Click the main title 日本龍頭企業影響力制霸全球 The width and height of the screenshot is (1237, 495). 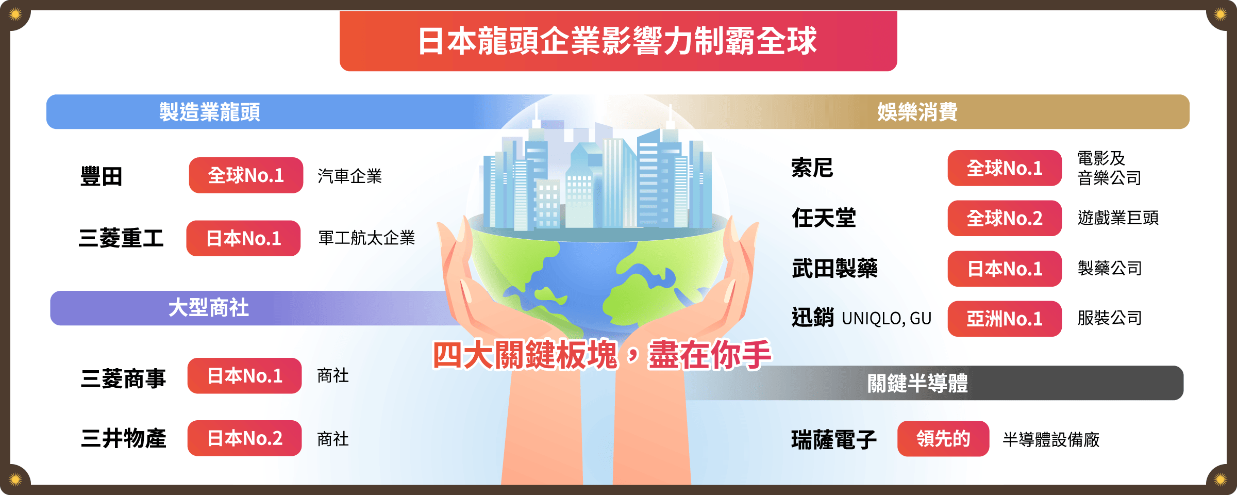[x=617, y=41]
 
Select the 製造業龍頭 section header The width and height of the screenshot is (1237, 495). [x=209, y=112]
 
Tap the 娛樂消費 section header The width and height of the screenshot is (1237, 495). [x=917, y=112]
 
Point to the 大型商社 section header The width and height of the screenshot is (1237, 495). [x=209, y=308]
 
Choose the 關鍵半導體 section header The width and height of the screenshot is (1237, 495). [x=917, y=383]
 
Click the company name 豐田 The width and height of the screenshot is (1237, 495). [x=102, y=176]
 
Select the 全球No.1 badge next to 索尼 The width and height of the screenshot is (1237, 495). [x=1005, y=168]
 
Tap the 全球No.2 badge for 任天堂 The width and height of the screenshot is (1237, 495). [x=1005, y=218]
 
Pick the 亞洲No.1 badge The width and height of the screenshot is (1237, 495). [x=1005, y=319]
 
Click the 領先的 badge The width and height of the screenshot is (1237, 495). [x=943, y=439]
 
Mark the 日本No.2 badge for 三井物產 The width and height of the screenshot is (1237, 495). [x=244, y=438]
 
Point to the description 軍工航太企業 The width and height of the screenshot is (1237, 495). [x=366, y=238]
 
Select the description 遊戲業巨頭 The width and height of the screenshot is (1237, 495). [x=1118, y=218]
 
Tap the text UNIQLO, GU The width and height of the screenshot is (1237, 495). [x=887, y=319]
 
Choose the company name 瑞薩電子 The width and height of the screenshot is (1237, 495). [x=834, y=440]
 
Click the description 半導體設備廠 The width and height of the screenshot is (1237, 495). [x=1051, y=440]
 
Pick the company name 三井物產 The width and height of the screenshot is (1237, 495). [x=124, y=439]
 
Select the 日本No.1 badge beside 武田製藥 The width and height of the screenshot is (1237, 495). [x=1005, y=269]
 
